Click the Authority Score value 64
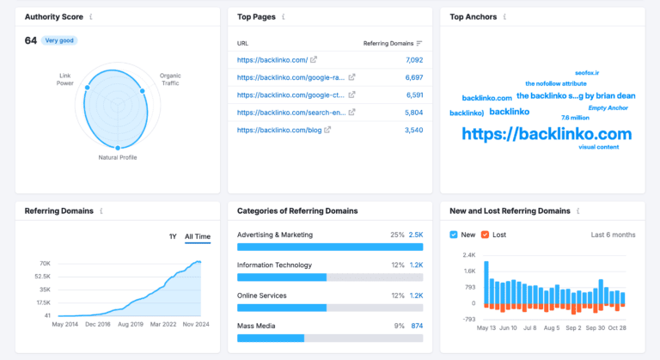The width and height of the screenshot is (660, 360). tap(30, 40)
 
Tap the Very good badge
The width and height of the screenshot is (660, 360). tap(59, 40)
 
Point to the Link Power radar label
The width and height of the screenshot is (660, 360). tap(65, 79)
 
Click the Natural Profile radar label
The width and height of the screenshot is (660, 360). tap(118, 157)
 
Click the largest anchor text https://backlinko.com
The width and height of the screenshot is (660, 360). tap(547, 133)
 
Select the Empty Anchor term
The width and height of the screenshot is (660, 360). tap(608, 107)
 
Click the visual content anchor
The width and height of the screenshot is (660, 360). tap(598, 147)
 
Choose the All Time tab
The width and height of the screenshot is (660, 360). tap(197, 236)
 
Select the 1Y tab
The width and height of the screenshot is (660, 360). tap(173, 236)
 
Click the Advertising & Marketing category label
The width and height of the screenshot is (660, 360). tap(275, 235)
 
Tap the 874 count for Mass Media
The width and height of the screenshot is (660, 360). tap(417, 326)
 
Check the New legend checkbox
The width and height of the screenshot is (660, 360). tap(455, 235)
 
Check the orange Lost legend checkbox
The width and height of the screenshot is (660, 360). tap(486, 235)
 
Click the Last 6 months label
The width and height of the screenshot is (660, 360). tap(613, 235)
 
